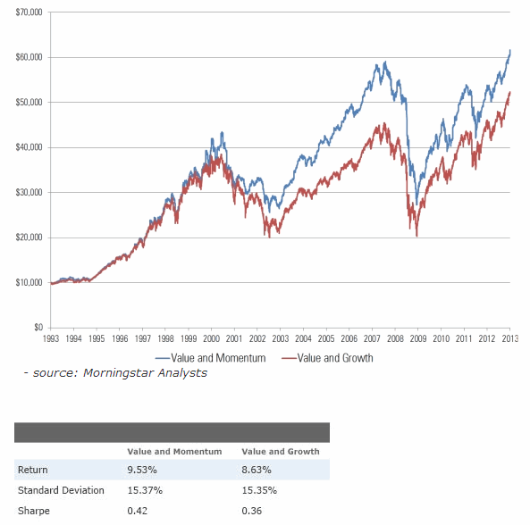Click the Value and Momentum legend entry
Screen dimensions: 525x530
[213, 357]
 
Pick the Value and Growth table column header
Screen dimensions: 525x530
[281, 452]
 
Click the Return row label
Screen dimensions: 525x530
[32, 471]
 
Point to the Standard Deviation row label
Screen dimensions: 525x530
[61, 490]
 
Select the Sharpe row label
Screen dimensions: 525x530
[33, 511]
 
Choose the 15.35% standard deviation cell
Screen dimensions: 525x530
[259, 490]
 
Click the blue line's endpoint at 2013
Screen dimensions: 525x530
[510, 51]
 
